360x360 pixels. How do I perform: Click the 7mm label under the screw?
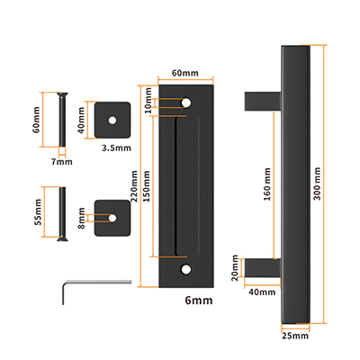[61, 162]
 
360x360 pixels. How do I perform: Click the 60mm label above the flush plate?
[184, 72]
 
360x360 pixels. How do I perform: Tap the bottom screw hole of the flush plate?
[185, 268]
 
